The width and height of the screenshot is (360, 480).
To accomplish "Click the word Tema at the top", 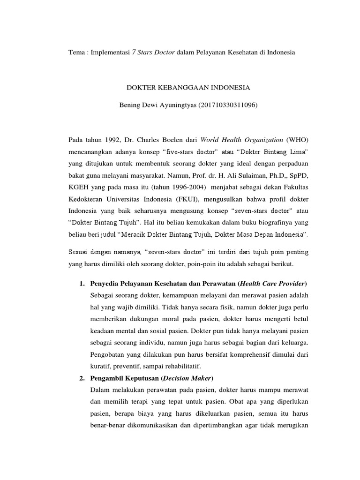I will pyautogui.click(x=76, y=52).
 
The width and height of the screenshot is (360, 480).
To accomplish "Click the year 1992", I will pyautogui.click(x=105, y=140).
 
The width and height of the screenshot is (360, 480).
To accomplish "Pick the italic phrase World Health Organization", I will pyautogui.click(x=241, y=140).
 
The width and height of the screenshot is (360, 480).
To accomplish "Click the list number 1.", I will pyautogui.click(x=81, y=284).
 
